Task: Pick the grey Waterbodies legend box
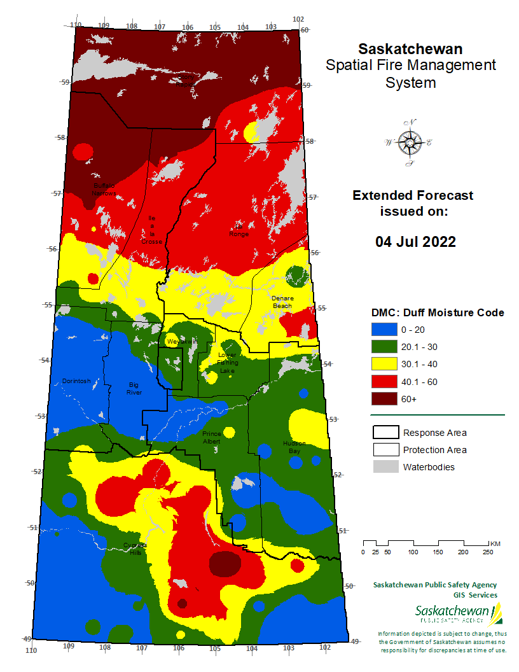385,467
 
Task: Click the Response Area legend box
385,433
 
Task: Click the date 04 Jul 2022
415,242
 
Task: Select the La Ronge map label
240,230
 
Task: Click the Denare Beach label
282,302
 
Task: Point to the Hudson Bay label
294,447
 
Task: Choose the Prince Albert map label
211,437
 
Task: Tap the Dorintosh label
76,381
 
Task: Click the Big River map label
134,388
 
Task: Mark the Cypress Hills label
135,549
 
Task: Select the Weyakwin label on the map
178,342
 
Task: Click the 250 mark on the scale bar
487,552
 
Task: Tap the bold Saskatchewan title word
410,49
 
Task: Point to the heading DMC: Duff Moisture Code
438,312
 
